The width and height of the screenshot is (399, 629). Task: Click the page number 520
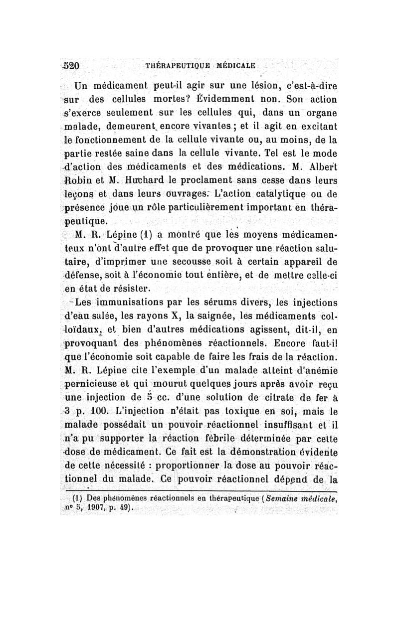point(78,65)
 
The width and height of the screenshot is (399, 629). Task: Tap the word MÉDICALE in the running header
point(235,65)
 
